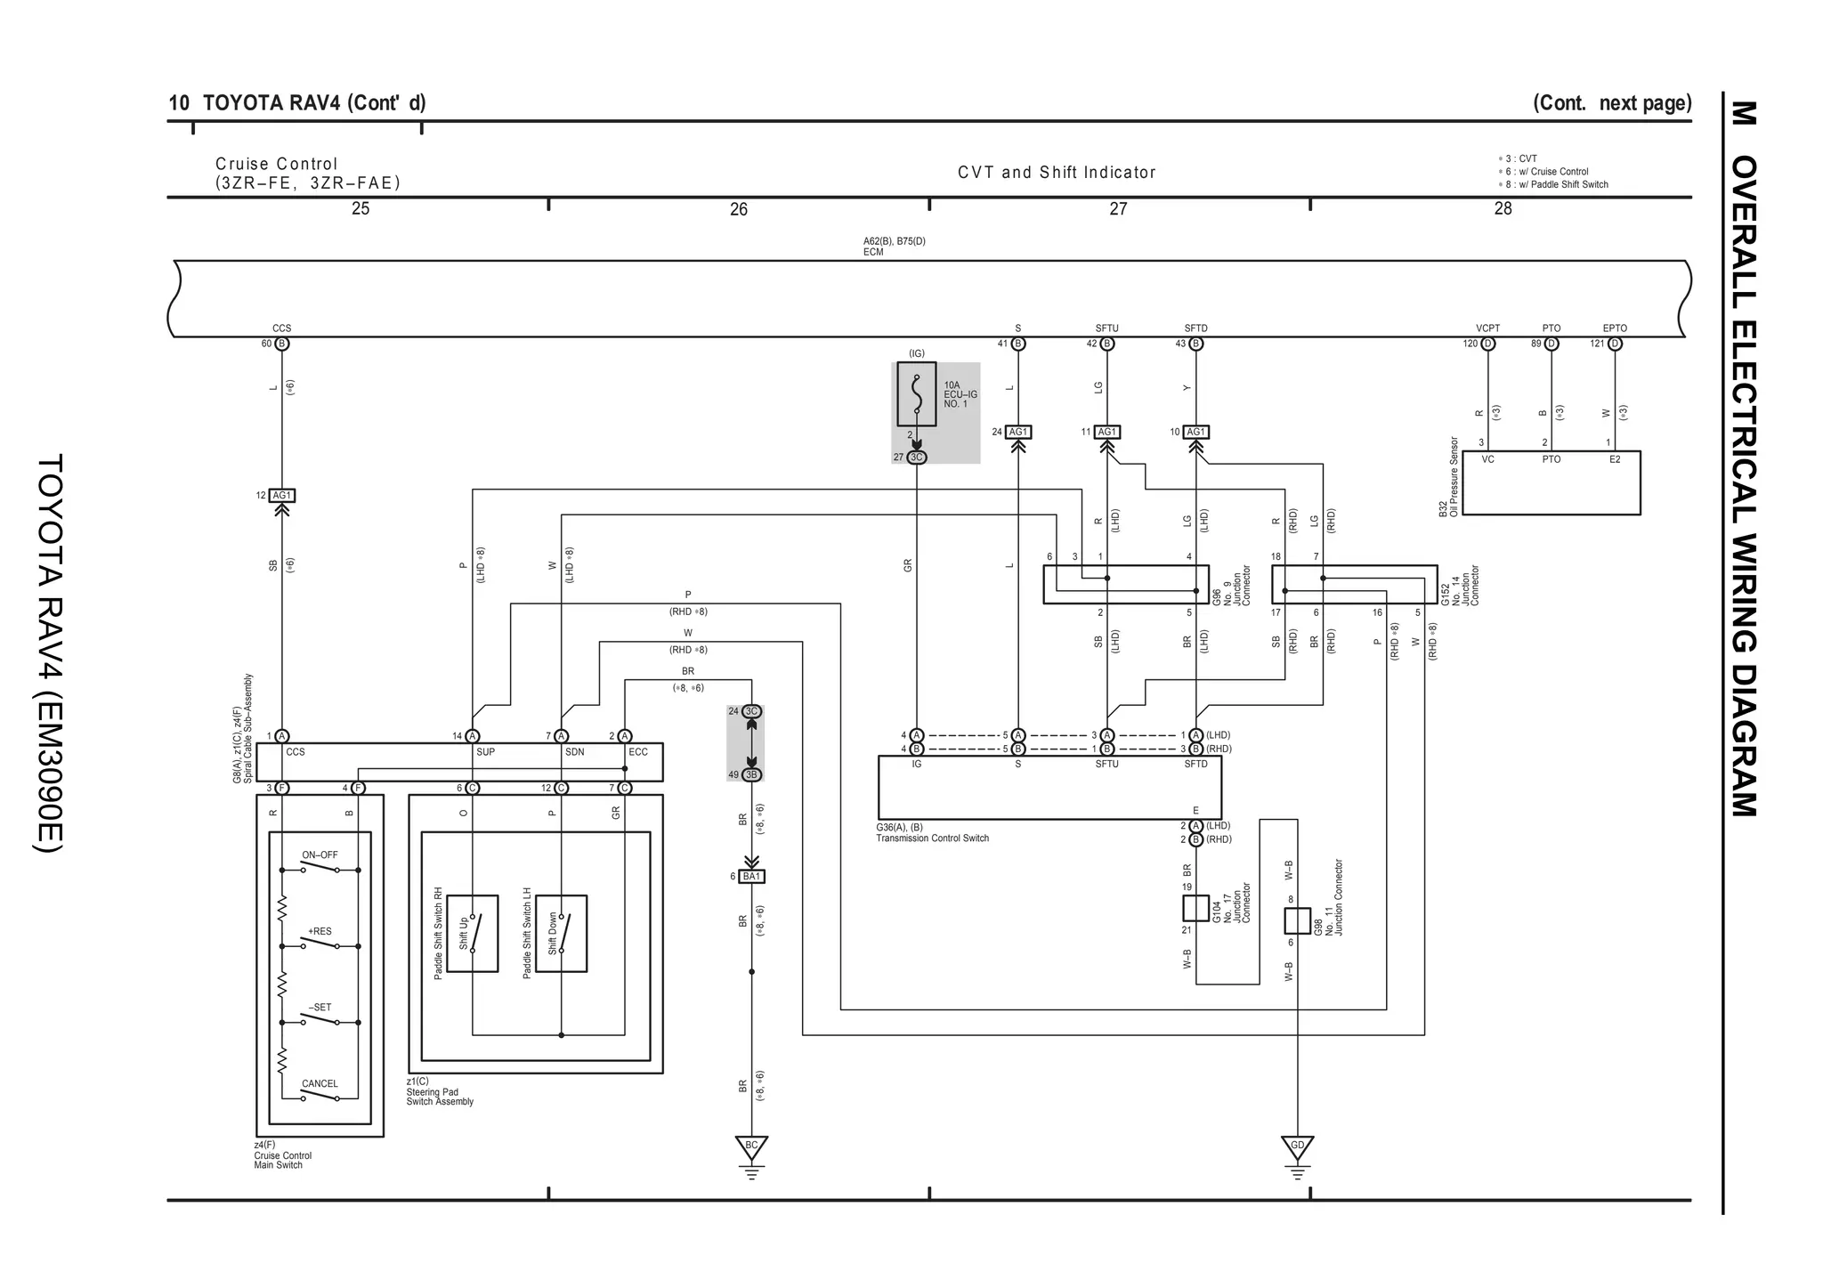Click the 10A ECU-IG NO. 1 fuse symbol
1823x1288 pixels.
click(916, 393)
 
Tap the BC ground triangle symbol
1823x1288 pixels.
click(751, 1146)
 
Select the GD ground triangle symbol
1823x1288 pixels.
click(1297, 1146)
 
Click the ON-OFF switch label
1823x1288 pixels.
click(320, 855)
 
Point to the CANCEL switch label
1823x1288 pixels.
click(320, 1083)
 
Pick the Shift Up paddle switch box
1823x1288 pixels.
click(472, 933)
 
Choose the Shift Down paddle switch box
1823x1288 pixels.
click(561, 933)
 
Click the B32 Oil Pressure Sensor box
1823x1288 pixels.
click(1551, 482)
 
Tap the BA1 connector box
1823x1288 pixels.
click(752, 877)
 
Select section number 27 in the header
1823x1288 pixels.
click(1118, 208)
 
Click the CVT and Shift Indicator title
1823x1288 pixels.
click(1057, 173)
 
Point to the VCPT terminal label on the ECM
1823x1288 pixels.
click(1487, 328)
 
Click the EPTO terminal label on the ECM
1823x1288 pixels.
click(1615, 328)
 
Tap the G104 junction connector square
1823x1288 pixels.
click(1195, 909)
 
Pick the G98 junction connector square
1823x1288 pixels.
click(1297, 920)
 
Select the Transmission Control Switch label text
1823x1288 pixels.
click(932, 838)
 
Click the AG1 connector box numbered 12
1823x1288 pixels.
click(281, 496)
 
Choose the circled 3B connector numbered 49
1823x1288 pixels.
click(751, 775)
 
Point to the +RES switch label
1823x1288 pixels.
click(320, 931)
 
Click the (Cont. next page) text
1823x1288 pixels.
click(1611, 103)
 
